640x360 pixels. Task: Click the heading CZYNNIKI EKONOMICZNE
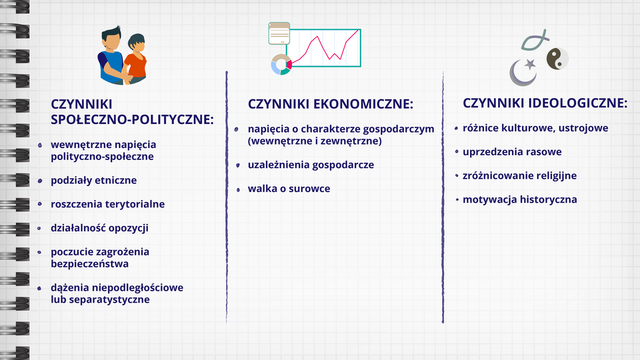point(331,105)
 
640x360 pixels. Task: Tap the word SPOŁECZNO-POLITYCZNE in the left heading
point(132,120)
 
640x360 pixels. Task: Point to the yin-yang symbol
point(557,59)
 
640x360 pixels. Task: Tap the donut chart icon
point(281,65)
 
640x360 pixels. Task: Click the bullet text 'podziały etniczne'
point(94,181)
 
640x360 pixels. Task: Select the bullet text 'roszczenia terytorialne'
point(108,204)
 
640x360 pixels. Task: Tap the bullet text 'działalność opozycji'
point(100,228)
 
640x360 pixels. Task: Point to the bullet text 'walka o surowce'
point(289,189)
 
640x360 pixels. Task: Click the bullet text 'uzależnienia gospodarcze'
point(311,165)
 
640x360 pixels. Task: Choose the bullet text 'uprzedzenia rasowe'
point(512,152)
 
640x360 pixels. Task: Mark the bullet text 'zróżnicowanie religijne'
point(519,176)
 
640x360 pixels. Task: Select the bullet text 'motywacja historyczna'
point(520,199)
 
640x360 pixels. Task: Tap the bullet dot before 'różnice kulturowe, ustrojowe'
point(456,127)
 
